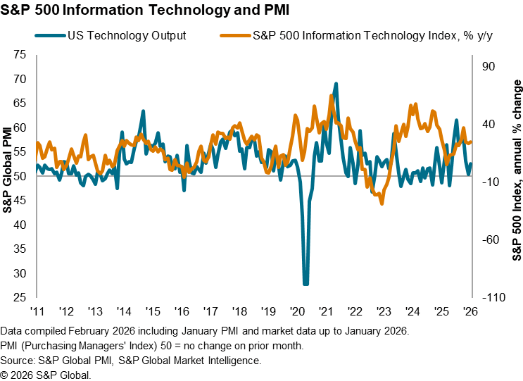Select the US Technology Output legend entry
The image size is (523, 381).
click(x=127, y=35)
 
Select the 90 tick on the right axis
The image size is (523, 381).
click(x=488, y=67)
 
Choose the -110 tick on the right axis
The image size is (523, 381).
click(x=485, y=297)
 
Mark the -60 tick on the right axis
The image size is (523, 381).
click(x=486, y=240)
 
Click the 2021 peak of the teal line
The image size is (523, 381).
click(x=336, y=84)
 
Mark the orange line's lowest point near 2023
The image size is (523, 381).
click(x=382, y=203)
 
